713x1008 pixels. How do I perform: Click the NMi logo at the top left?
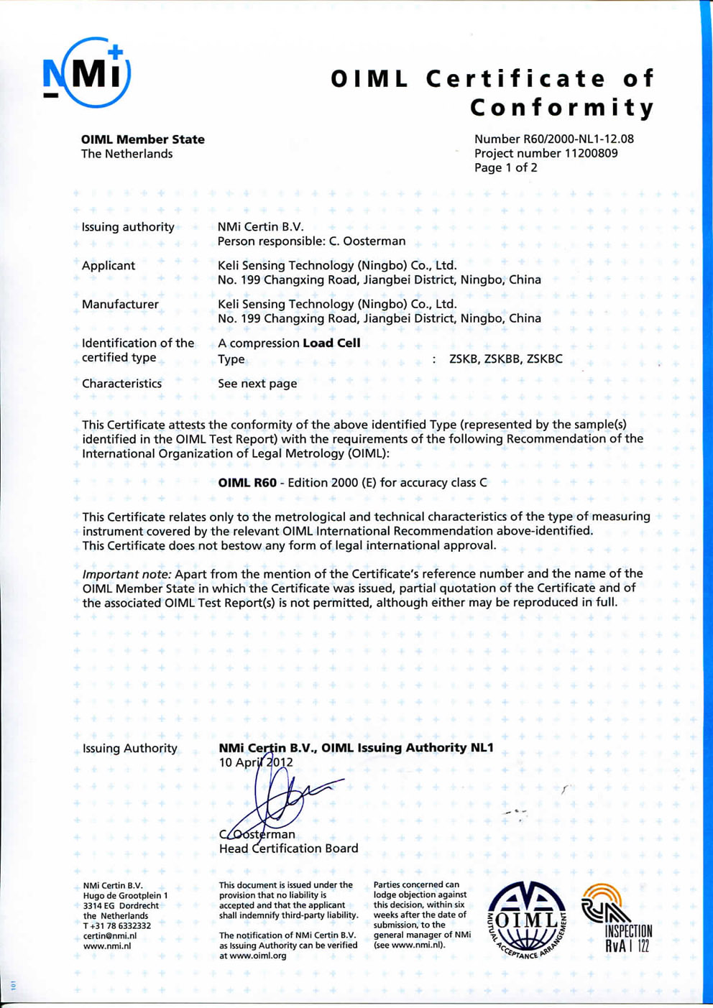point(86,73)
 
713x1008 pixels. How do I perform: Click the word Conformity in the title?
point(562,108)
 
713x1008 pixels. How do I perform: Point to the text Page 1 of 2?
point(505,168)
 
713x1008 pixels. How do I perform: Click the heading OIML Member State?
point(142,139)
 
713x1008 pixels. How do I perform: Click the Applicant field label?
point(109,266)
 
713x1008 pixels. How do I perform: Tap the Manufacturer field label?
point(120,305)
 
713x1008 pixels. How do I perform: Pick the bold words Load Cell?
point(331,343)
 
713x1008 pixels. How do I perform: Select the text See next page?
point(257,384)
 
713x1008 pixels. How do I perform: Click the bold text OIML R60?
point(247,483)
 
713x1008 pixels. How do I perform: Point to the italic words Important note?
point(126,574)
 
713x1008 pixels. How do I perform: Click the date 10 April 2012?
point(255,762)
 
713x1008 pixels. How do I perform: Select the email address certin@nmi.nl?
point(109,936)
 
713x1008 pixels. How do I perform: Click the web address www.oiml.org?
point(252,956)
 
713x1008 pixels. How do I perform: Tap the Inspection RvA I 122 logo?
point(618,920)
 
